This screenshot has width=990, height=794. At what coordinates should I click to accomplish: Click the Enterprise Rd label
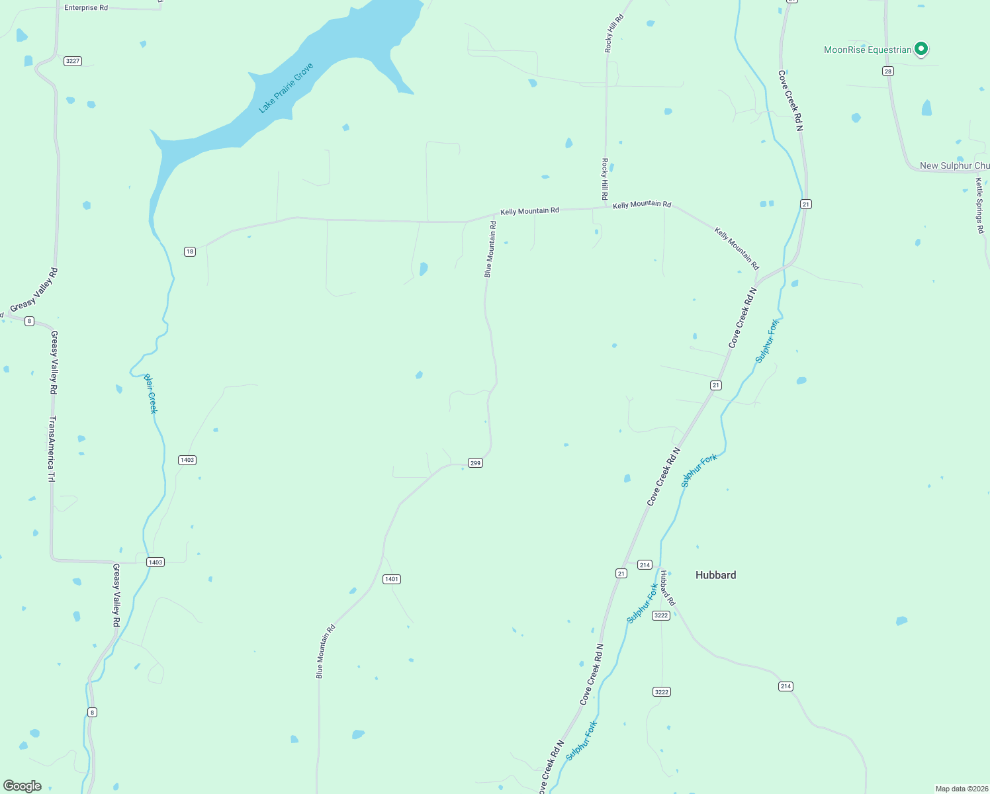pos(86,8)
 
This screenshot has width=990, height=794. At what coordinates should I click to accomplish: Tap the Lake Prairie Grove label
pos(286,88)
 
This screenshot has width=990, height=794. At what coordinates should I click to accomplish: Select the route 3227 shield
pos(73,61)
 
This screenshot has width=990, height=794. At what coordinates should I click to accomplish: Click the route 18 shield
pos(190,251)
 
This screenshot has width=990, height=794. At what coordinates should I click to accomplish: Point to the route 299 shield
pos(475,463)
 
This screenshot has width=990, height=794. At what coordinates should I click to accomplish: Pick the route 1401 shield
pos(392,579)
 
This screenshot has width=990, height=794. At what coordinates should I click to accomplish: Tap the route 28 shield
pos(888,71)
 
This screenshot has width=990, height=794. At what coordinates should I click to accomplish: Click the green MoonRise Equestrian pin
pos(921,48)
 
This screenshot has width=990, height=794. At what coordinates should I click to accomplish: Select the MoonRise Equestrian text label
pos(868,50)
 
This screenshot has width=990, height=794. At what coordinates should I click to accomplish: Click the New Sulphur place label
pos(954,165)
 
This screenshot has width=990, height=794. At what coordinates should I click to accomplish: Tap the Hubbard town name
pos(715,575)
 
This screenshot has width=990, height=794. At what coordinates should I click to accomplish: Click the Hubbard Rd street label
pos(667,588)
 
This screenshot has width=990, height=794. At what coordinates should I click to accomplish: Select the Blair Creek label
pos(151,394)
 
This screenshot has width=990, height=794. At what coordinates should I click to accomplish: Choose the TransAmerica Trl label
pos(52,449)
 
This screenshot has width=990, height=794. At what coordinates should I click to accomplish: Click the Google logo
pos(22,786)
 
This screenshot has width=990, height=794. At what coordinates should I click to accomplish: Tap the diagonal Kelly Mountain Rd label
pos(737,249)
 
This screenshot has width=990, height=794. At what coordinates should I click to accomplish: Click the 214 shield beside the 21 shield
pos(645,565)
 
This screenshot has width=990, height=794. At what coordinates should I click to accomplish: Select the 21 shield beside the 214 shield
pos(621,574)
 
